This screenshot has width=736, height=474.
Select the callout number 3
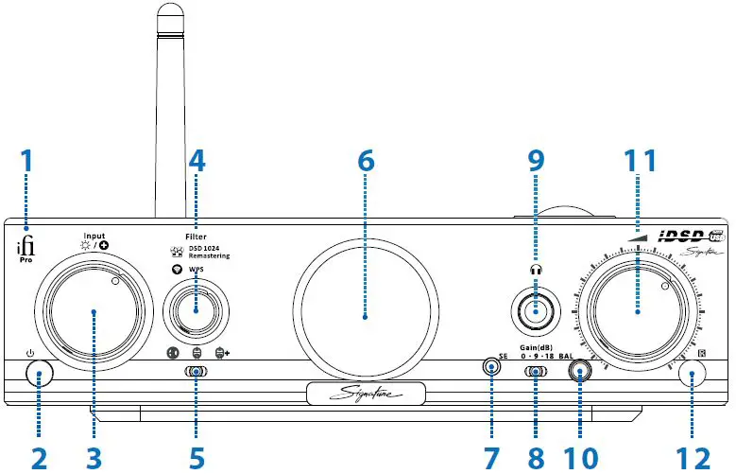93,457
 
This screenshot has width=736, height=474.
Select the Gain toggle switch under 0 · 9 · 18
536,373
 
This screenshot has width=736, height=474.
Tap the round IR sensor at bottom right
693,376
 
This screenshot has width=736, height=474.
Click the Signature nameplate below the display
366,393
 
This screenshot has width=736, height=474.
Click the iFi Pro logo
26,248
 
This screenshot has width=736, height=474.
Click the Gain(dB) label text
536,346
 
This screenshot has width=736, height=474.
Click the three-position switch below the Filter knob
196,373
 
